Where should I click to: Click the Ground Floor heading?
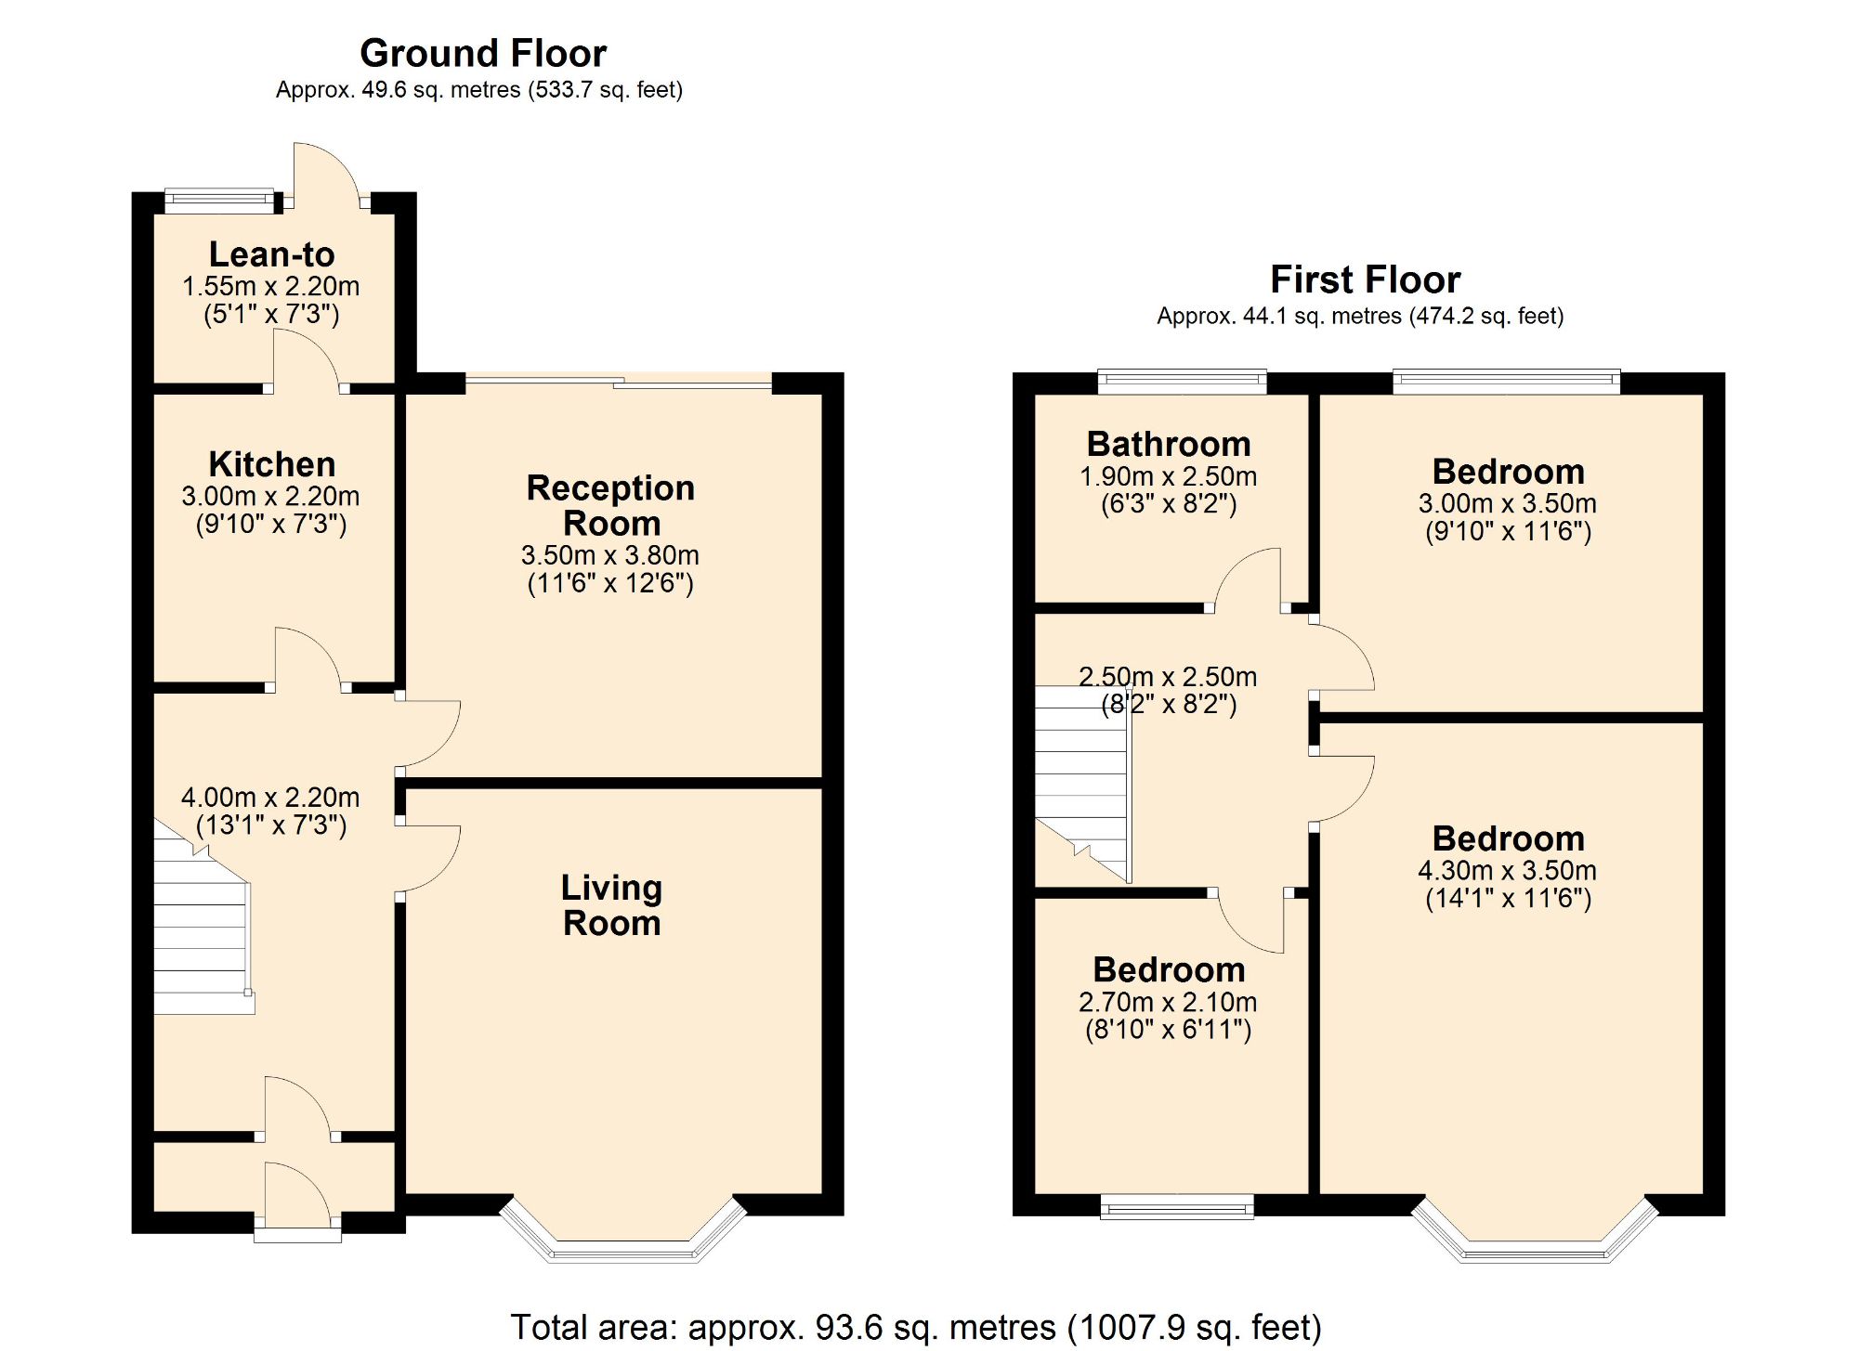pyautogui.click(x=483, y=54)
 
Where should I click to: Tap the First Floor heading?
pyautogui.click(x=1365, y=279)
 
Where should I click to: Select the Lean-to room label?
pyautogui.click(x=271, y=254)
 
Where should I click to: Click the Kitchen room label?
pyautogui.click(x=271, y=464)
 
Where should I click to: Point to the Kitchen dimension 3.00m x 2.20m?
pyautogui.click(x=270, y=496)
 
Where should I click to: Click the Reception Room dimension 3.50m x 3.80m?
pyautogui.click(x=609, y=555)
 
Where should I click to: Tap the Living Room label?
pyautogui.click(x=611, y=905)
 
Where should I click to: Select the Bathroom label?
pyautogui.click(x=1168, y=444)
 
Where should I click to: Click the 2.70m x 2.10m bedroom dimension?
pyautogui.click(x=1168, y=1002)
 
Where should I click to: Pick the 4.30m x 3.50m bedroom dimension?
pyautogui.click(x=1507, y=871)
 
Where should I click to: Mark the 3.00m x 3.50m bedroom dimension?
pyautogui.click(x=1507, y=503)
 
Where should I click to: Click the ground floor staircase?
pyautogui.click(x=200, y=938)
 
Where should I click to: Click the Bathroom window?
pyautogui.click(x=1182, y=380)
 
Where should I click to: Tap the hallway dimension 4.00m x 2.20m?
pyautogui.click(x=270, y=798)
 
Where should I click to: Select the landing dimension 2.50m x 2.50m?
pyautogui.click(x=1168, y=677)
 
